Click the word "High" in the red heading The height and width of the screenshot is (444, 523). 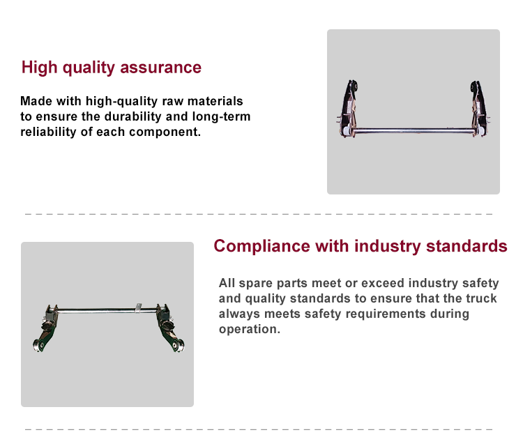(39, 68)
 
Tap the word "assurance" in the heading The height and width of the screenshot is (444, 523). (161, 68)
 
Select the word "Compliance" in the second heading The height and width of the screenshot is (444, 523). (261, 247)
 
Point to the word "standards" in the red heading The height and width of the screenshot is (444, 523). (467, 246)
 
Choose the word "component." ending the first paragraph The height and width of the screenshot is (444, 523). (165, 132)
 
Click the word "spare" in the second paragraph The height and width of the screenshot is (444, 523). (255, 283)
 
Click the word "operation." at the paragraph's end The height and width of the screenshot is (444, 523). (250, 329)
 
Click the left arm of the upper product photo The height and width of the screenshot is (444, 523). (347, 107)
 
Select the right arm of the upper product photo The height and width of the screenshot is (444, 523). (479, 108)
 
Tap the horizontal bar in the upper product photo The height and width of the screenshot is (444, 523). (414, 131)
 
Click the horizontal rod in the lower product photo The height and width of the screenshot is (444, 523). (107, 311)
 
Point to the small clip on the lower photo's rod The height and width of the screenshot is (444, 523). (139, 308)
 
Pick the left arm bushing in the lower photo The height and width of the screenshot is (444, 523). (38, 346)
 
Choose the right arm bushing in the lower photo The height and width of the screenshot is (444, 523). (178, 345)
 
